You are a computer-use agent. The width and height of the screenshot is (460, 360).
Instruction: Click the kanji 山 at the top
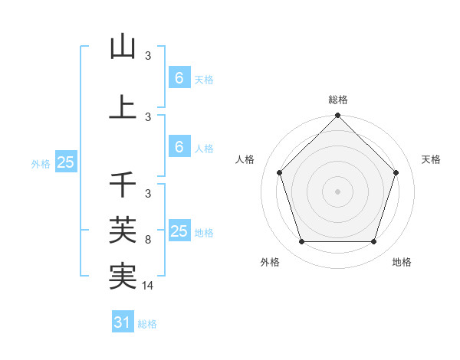123,48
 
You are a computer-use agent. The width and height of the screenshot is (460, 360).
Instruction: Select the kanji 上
123,107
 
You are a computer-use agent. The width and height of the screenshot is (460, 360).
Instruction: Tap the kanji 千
123,185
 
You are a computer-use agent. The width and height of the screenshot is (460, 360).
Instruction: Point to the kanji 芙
123,228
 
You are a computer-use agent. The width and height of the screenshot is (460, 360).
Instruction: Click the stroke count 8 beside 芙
148,240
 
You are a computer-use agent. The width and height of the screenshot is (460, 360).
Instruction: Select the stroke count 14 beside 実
149,286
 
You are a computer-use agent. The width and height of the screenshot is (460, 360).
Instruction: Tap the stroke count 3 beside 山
148,56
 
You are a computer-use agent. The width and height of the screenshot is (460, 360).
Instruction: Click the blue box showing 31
123,323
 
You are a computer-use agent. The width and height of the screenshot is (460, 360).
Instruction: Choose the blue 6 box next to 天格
179,78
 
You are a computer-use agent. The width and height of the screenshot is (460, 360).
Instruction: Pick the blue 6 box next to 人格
179,147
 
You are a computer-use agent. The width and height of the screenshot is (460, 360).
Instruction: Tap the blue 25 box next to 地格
179,231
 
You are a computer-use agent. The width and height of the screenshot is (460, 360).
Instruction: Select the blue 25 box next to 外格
65,162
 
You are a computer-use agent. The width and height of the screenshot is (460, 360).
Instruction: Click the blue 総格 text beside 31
147,324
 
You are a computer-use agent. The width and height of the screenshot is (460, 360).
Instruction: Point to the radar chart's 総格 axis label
337,100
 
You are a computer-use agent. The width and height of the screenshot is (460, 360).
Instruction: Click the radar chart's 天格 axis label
432,159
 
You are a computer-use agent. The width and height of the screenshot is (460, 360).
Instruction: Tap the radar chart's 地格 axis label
402,263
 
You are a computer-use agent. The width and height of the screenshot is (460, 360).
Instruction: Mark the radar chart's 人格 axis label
245,159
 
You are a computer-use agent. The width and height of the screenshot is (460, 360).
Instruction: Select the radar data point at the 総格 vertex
337,117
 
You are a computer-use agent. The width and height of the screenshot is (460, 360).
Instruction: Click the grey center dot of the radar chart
337,191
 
